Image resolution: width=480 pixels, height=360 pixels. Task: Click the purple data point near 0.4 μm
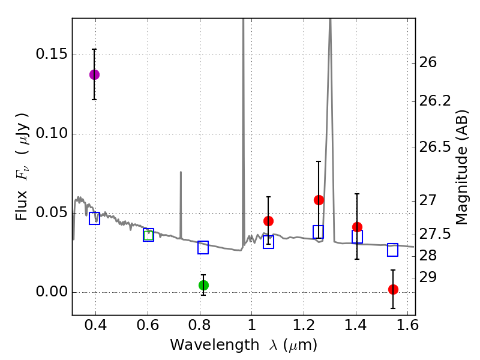coord(94,74)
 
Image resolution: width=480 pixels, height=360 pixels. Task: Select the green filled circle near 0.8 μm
coord(203,285)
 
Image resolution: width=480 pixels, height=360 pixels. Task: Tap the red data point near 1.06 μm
coord(268,221)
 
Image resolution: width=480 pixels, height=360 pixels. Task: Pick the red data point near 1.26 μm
coord(319,200)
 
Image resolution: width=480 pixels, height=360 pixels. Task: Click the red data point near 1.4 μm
coord(357,227)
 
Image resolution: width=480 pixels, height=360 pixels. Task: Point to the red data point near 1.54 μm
coord(393,289)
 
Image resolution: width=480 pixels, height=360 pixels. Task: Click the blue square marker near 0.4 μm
coord(94,218)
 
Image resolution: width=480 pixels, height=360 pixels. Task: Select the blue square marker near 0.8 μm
coord(203,247)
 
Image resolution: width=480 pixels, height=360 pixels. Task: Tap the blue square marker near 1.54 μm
coord(392,250)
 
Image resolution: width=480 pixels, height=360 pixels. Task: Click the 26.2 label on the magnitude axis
coord(436,101)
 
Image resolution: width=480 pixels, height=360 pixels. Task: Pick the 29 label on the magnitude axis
coord(428,277)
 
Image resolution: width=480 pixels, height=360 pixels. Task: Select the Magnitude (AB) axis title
coord(462,167)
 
